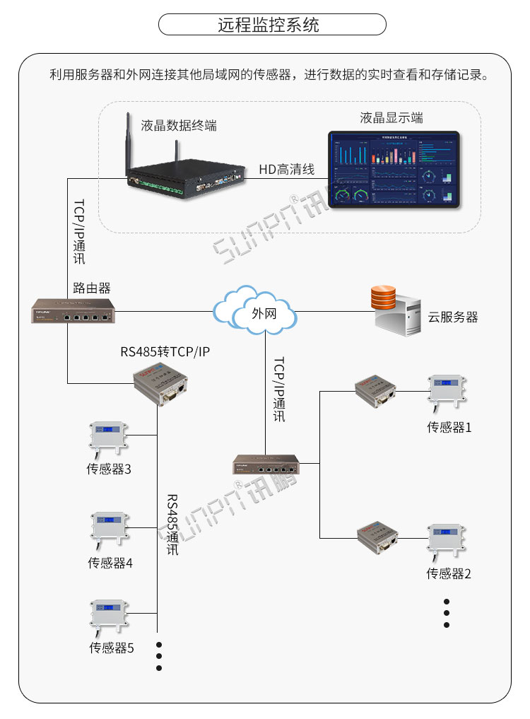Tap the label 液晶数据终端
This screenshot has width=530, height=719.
click(179, 126)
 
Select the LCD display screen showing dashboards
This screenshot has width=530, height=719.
click(394, 170)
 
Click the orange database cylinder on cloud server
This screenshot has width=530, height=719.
click(384, 298)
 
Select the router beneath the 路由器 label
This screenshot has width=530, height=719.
click(73, 312)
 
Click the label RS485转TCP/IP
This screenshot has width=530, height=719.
click(165, 351)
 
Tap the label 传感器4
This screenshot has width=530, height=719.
click(110, 563)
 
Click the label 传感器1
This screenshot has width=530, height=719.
click(449, 427)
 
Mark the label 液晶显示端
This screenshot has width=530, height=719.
click(391, 117)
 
